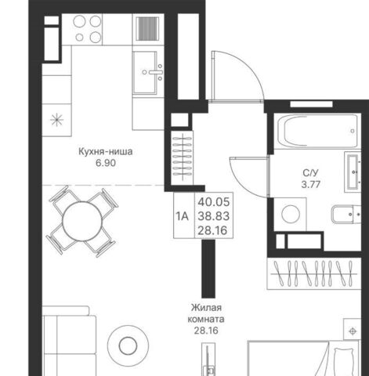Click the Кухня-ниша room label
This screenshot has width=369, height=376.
click(x=106, y=152)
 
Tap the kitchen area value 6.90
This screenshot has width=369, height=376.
click(x=106, y=163)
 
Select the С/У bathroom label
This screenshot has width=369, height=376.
click(x=311, y=173)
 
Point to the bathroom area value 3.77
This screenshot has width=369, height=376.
click(x=311, y=185)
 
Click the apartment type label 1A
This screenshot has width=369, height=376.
click(x=182, y=216)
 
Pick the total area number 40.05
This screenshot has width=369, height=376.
click(x=214, y=202)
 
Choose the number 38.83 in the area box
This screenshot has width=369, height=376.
click(x=214, y=216)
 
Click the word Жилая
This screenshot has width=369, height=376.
click(x=206, y=308)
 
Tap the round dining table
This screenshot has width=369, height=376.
click(x=82, y=221)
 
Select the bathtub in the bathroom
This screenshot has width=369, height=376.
click(x=317, y=131)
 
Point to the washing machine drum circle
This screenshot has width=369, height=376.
click(x=291, y=214)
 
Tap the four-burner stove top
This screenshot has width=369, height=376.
click(x=88, y=29)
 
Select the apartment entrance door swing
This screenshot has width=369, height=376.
click(x=237, y=76)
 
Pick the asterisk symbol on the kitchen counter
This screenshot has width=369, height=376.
click(x=56, y=120)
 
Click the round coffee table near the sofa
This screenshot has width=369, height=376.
click(x=128, y=345)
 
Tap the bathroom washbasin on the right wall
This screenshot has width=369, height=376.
click(x=353, y=172)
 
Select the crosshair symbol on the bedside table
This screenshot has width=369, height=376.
click(x=353, y=331)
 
